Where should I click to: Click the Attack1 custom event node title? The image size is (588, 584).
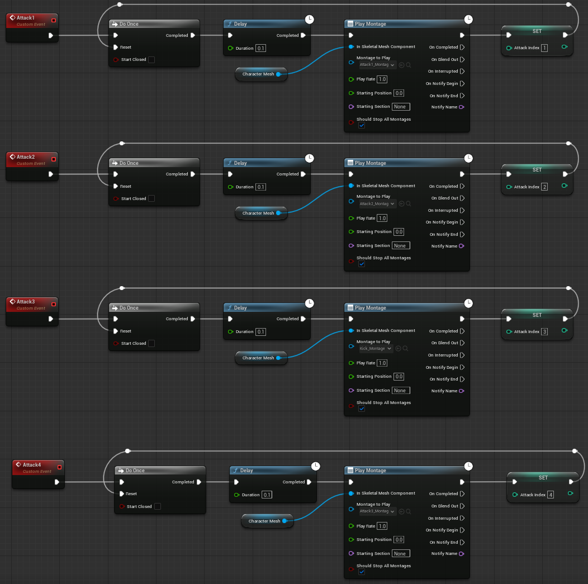pos(25,18)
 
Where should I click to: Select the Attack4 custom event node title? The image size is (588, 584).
pos(31,464)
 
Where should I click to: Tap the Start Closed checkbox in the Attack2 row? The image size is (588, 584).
pos(151,198)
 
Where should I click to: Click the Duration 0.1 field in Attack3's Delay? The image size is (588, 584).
pos(261,331)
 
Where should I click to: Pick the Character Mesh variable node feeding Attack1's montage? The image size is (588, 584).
pos(261,74)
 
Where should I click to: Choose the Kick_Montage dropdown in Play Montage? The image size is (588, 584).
pos(376,349)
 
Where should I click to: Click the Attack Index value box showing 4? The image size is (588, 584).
pos(551,495)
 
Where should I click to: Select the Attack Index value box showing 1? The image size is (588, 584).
pos(544,48)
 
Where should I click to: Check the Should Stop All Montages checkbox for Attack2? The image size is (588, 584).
pos(362,264)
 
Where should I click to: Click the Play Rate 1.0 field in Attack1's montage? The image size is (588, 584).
pos(382,79)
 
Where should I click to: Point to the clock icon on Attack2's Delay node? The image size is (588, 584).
pos(310,159)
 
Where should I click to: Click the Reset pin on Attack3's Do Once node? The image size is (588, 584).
pos(116,331)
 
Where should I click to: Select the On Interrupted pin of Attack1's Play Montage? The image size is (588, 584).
pos(462,72)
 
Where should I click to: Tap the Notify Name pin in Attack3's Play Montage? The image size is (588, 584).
pos(461,391)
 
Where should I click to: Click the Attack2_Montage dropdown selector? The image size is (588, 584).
pos(377,204)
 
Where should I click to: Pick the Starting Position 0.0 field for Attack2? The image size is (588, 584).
pos(399,232)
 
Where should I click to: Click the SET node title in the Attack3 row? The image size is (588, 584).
pos(537,315)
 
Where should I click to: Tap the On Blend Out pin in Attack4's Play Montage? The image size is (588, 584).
pos(462,506)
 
